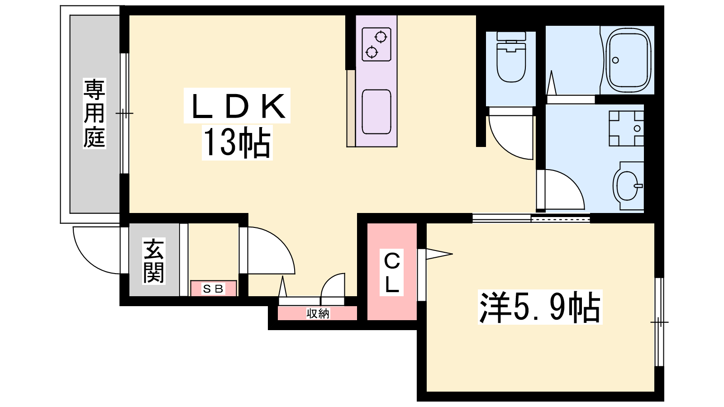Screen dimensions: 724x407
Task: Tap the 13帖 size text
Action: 237,142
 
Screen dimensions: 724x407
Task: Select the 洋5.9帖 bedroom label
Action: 540,307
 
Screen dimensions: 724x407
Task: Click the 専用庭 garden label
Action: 95,113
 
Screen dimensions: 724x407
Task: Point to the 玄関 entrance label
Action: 154,261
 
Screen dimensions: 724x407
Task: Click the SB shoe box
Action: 213,288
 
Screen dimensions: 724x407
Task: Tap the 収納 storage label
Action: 318,313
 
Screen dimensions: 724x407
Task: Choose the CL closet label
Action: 392,273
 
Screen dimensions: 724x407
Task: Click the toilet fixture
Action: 511,57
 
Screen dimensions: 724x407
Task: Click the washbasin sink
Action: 628,186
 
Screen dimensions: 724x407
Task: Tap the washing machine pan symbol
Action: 626,128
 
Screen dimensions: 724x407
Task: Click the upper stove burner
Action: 381,37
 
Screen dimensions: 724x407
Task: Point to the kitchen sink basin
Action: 376,112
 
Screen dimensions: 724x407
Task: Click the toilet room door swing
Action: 511,134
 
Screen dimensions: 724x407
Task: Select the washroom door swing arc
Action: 561,189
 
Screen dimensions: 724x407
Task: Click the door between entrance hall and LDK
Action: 267,251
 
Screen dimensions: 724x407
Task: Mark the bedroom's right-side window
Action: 659,322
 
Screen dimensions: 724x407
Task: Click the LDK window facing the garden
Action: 124,114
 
